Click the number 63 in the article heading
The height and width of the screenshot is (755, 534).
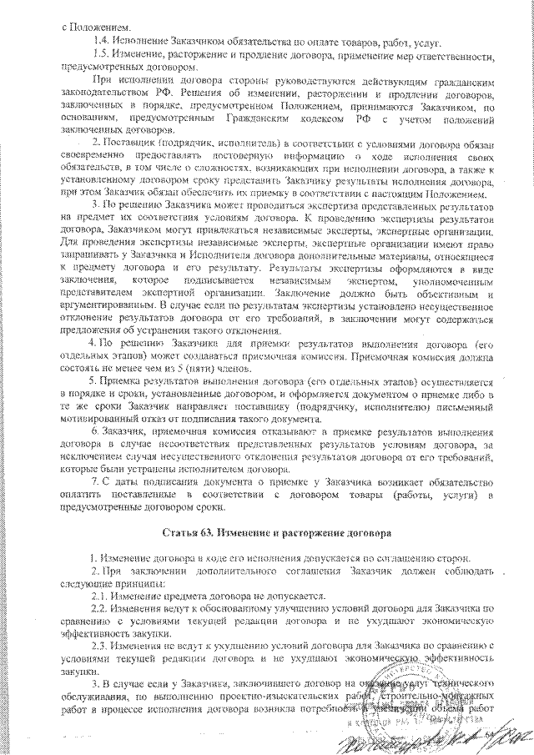tap(218, 531)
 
